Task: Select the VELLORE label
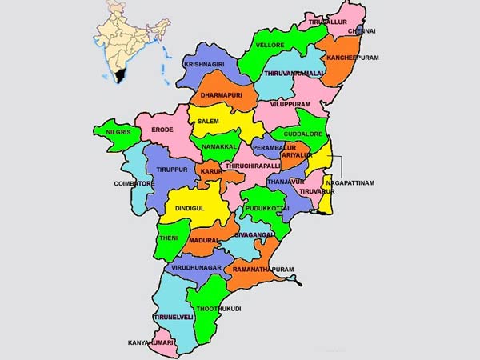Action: coord(270,46)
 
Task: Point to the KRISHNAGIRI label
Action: coord(204,63)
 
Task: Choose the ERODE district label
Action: coord(162,129)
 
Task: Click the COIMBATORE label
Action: coord(133,183)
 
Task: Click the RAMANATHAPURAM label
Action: coord(263,270)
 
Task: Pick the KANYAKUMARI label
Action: coord(152,343)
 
